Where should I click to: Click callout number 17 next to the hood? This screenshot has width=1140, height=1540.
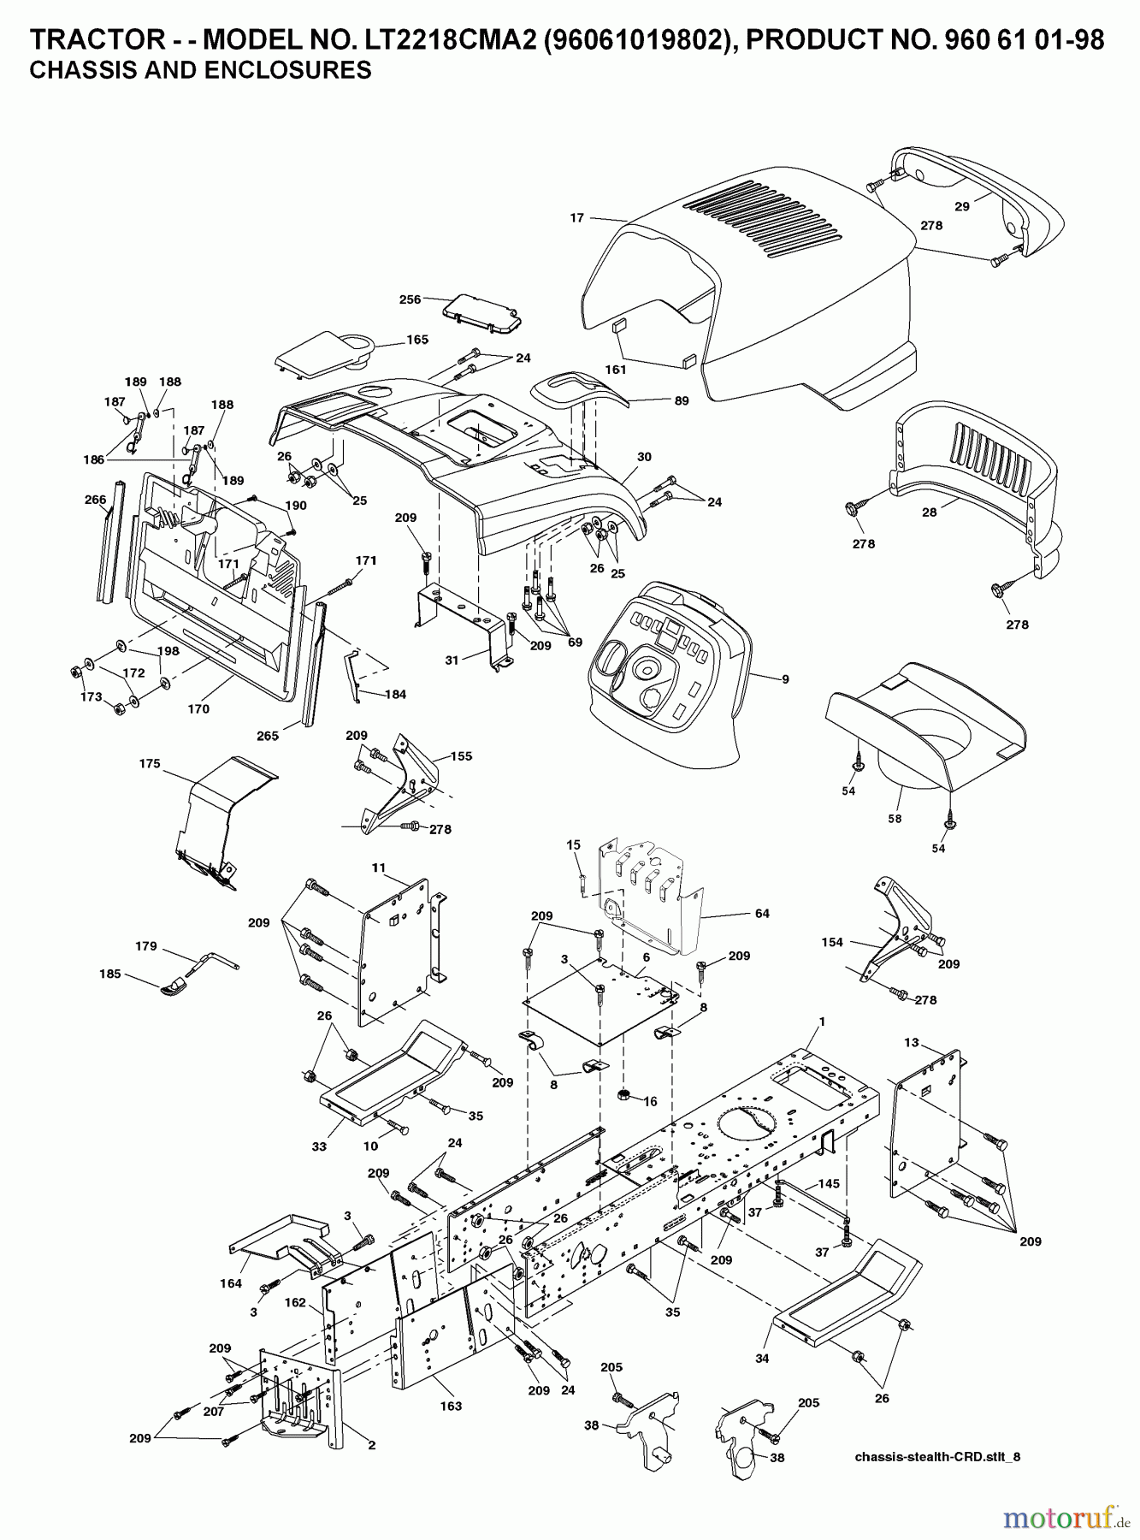coord(576,217)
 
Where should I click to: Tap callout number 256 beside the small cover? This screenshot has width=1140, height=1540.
coord(411,299)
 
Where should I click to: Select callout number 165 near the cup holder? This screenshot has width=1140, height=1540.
coord(417,340)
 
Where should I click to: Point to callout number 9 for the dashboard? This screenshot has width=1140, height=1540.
coord(785,679)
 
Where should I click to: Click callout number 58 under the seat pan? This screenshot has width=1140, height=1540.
coord(895,819)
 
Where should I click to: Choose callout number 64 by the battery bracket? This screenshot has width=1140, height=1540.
coord(762,914)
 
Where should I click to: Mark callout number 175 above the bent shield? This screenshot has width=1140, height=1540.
coord(150,764)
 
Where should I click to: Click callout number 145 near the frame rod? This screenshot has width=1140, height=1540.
coord(829,1184)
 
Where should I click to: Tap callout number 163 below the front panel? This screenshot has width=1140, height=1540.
coord(451,1406)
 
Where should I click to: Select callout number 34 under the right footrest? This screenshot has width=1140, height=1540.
coord(762,1358)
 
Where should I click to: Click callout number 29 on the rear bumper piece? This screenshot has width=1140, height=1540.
coord(962,206)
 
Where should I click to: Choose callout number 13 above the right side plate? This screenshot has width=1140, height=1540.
coord(912,1042)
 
